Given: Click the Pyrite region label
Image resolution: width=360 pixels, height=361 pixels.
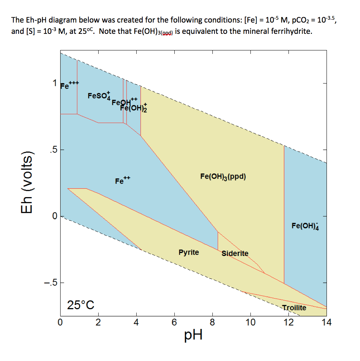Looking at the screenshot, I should [188, 252].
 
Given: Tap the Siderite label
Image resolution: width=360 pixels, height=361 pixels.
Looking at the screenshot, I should [235, 253].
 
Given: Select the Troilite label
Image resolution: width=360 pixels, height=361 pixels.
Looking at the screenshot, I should [294, 308].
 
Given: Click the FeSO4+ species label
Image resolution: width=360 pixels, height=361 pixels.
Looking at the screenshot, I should [99, 96].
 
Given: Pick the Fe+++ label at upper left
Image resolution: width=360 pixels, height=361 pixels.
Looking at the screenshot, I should [69, 85].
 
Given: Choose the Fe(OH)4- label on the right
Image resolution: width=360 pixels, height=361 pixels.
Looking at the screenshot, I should [305, 226].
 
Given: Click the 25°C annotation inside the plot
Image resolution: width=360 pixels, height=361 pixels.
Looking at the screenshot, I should [81, 305].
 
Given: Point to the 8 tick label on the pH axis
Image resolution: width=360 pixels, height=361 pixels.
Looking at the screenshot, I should [212, 322].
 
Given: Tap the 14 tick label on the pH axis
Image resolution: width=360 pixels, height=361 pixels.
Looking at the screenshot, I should [326, 322].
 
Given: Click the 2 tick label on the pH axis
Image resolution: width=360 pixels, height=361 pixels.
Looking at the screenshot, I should [98, 322].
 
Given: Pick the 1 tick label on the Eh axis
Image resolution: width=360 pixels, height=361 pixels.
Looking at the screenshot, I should [54, 84].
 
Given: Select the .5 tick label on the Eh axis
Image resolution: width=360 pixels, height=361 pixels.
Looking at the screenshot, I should [51, 150].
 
